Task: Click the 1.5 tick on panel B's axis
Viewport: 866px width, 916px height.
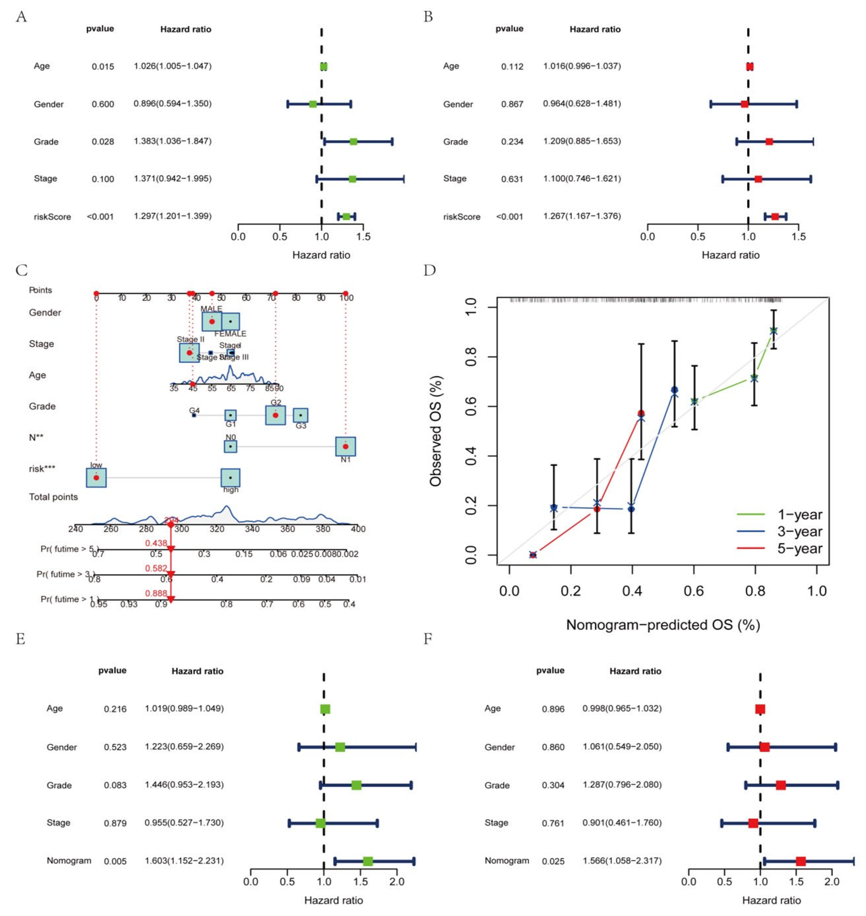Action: tap(799, 237)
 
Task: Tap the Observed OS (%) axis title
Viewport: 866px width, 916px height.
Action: tap(436, 431)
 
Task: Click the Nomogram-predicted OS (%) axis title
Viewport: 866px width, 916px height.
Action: tap(663, 624)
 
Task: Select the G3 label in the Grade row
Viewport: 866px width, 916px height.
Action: tap(301, 425)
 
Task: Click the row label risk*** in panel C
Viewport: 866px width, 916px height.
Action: tap(42, 469)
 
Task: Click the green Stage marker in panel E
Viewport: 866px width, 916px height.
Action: tap(320, 823)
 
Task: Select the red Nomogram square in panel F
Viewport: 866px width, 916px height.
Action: tap(800, 861)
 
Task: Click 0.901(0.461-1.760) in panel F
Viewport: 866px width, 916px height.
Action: tap(622, 823)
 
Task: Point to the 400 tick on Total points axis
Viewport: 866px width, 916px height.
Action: tap(358, 529)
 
